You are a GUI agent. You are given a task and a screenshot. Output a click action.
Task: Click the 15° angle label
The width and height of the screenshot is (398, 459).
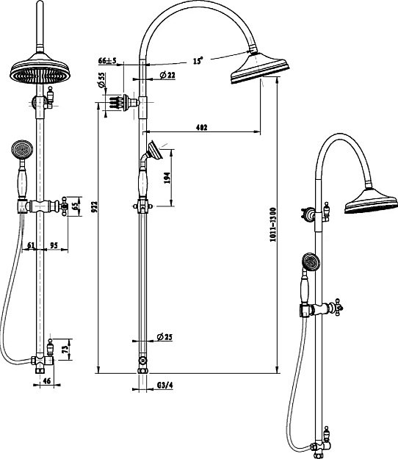pyautogui.click(x=198, y=61)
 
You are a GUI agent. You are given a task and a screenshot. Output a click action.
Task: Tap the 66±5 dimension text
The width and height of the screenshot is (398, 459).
pyautogui.click(x=107, y=61)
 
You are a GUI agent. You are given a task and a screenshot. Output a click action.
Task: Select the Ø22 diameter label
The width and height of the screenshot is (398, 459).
pyautogui.click(x=167, y=75)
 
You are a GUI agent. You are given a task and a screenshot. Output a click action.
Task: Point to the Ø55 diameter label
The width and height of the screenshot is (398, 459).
pyautogui.click(x=102, y=80)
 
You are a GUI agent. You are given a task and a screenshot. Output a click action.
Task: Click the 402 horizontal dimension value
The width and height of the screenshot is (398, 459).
pyautogui.click(x=202, y=127)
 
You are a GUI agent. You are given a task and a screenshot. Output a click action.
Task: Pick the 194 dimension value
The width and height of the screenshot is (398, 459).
pyautogui.click(x=167, y=178)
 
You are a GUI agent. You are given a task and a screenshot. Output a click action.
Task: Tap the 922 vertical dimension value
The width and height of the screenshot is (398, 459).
pyautogui.click(x=94, y=206)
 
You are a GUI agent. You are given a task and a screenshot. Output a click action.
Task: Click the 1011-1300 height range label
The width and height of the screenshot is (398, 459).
pyautogui.click(x=272, y=225)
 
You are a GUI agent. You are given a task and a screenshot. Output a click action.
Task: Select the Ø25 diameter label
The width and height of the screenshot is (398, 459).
pyautogui.click(x=164, y=337)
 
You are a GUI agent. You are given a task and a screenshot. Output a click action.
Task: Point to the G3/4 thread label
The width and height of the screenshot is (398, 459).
pyautogui.click(x=165, y=386)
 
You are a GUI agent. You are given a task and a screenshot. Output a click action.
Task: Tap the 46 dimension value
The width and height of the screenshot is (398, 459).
pyautogui.click(x=47, y=381)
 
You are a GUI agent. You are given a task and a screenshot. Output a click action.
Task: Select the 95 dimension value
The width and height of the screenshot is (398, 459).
pyautogui.click(x=54, y=245)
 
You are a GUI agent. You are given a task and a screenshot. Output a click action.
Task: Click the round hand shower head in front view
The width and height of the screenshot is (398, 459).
pyautogui.click(x=22, y=150)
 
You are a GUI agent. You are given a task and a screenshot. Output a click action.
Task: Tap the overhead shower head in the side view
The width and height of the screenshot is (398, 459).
pyautogui.click(x=259, y=68)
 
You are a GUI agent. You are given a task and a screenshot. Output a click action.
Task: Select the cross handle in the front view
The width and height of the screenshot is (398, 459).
pyautogui.click(x=64, y=206)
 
